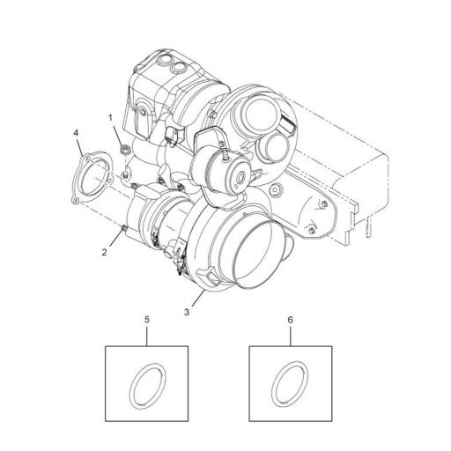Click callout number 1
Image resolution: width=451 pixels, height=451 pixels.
[x=111, y=116]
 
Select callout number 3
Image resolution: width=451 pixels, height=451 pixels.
[x=186, y=311]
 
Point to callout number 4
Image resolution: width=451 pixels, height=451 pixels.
[x=77, y=133]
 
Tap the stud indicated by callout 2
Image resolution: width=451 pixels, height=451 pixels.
[x=125, y=229]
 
